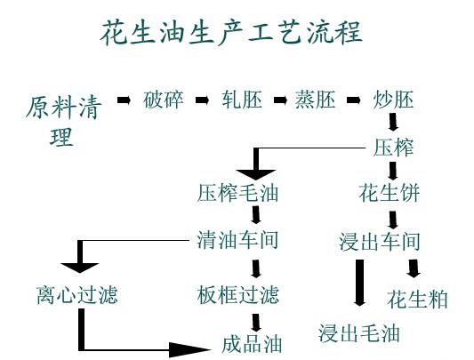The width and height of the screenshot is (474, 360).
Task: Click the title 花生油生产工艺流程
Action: (x=230, y=33)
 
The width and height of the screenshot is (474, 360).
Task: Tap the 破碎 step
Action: (x=163, y=100)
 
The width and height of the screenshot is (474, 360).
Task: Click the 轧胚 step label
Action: (x=241, y=100)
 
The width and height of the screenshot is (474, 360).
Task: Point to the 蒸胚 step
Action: (x=316, y=100)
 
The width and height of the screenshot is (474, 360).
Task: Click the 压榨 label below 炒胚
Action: (x=392, y=147)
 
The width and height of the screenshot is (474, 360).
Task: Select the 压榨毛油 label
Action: (x=238, y=192)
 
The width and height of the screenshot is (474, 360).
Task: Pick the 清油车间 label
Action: (x=238, y=240)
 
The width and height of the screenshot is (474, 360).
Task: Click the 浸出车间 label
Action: (x=380, y=242)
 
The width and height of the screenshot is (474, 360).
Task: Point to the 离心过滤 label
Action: (x=77, y=294)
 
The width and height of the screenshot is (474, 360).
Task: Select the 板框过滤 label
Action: (x=238, y=294)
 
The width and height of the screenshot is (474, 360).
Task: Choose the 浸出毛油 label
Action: (x=359, y=333)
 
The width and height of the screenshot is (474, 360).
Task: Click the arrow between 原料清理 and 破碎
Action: (x=125, y=99)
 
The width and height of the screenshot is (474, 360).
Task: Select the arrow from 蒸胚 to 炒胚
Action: (x=355, y=99)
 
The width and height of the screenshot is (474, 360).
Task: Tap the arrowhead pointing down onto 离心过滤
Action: (x=80, y=265)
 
